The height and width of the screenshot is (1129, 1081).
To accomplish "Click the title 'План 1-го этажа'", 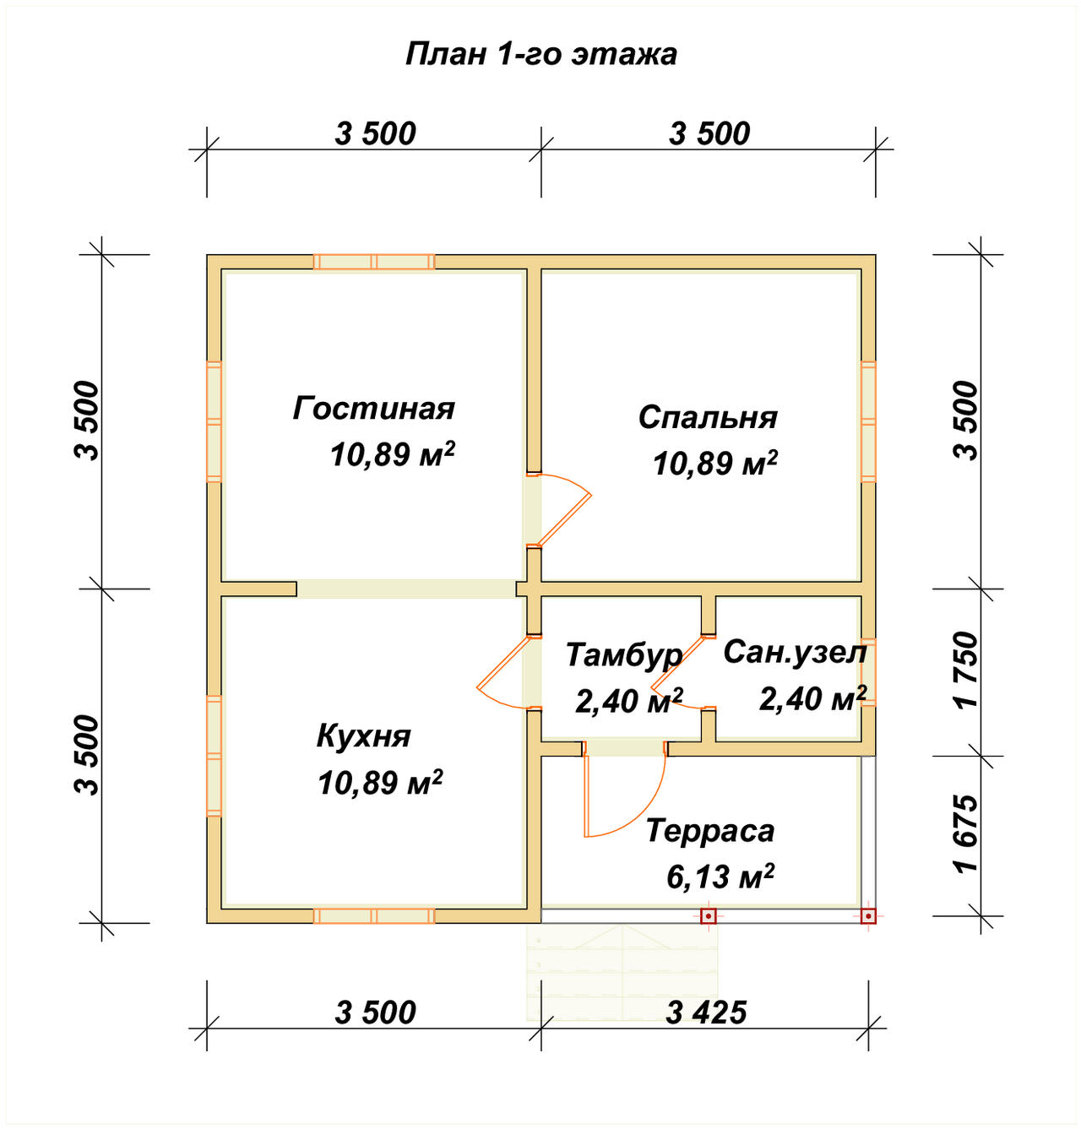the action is coord(540,55).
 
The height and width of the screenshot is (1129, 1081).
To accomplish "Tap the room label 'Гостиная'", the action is coord(373,408).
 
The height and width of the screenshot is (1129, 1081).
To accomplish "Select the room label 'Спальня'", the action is coord(708,418).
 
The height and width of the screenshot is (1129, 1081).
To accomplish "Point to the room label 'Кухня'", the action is coord(364,736).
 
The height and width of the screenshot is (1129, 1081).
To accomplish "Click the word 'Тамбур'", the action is coord(624,655).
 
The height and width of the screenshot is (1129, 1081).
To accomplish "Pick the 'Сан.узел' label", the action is coord(795,652).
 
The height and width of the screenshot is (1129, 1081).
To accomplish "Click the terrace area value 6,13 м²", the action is coord(720,877).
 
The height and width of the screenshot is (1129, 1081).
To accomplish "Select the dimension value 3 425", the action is coord(705,1013).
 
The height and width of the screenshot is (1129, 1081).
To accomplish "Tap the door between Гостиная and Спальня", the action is coord(558,511).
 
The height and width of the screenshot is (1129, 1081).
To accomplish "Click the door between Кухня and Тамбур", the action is coord(509,672).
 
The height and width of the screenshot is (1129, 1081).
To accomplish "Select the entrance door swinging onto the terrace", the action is coord(625,789).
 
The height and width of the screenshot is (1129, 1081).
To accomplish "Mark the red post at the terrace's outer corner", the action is coord(867,917).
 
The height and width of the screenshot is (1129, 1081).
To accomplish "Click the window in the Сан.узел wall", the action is coord(868,672).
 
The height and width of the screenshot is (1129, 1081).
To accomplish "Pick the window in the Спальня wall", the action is coord(868,421).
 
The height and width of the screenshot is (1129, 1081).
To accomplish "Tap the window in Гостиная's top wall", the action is coord(374,262).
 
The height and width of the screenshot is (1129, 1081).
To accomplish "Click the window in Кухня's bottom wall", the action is coord(374,916).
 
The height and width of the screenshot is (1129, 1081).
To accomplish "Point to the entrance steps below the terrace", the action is coord(622,972).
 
